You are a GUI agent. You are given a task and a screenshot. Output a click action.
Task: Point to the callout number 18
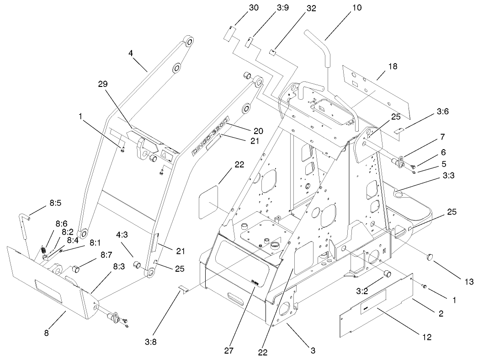393,66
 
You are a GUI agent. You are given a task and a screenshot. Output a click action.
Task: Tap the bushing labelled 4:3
136,265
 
